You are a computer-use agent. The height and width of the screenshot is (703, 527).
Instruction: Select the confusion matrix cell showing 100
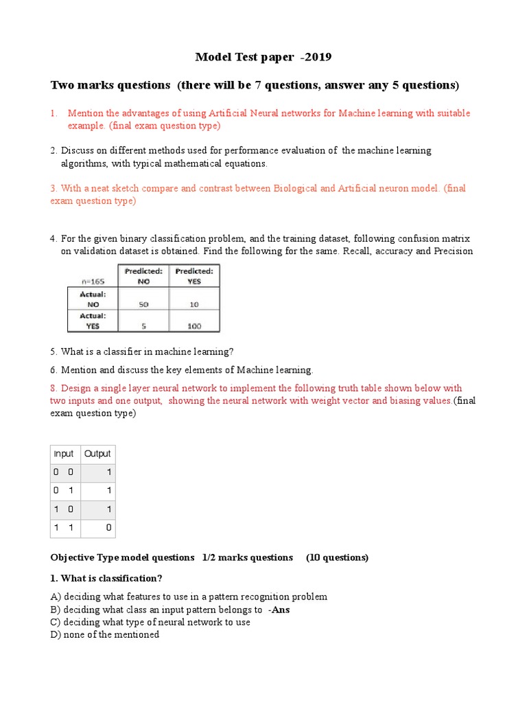[x=194, y=326]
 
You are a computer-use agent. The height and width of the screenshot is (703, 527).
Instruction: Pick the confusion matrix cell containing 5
[x=143, y=326]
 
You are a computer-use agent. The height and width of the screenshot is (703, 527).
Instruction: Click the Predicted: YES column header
[x=194, y=276]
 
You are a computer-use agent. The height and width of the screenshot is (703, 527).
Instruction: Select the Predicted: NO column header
[x=143, y=276]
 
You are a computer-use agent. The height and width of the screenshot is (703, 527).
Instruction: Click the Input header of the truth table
[x=64, y=454]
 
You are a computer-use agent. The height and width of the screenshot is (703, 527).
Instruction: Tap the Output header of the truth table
[x=97, y=454]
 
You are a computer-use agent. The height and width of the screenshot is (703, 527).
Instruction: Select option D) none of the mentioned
[x=105, y=635]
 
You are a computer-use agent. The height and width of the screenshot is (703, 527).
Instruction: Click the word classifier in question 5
[x=113, y=351]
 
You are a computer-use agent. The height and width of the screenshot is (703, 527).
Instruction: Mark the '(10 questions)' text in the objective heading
[x=337, y=557]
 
